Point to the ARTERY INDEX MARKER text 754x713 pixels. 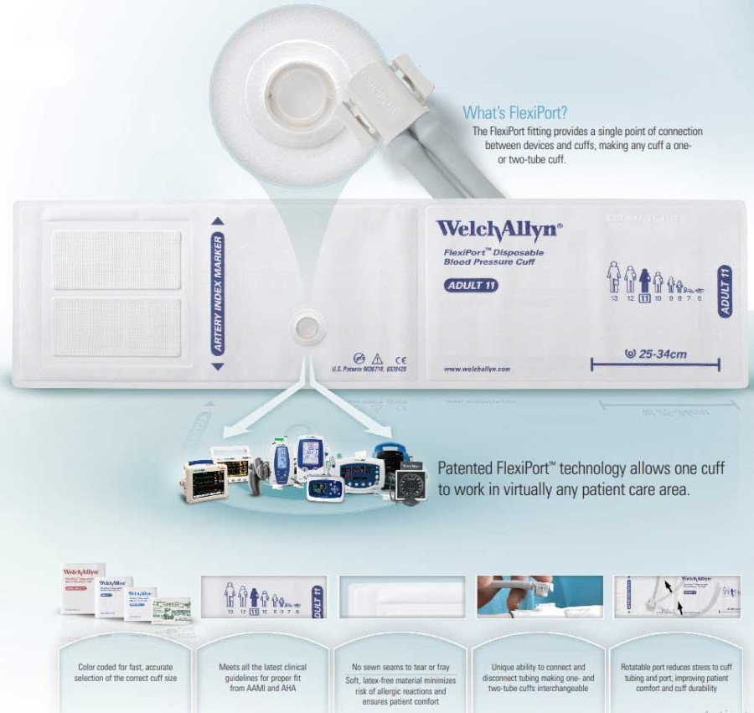click(x=218, y=294)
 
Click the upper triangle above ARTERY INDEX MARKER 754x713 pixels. click(x=218, y=222)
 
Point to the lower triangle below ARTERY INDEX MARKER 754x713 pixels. click(x=218, y=366)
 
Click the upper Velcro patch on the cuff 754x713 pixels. click(x=116, y=260)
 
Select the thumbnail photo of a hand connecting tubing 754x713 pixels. click(x=539, y=596)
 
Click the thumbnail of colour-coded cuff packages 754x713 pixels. click(x=127, y=596)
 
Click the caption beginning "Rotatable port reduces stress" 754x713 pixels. click(x=676, y=678)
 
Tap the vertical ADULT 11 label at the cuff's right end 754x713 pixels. click(x=726, y=289)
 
